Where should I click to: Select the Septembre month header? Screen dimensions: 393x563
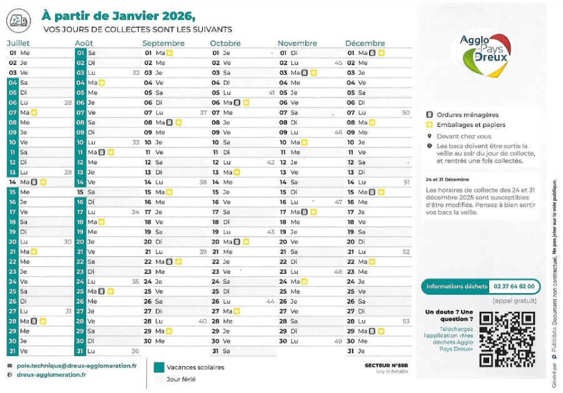pyautogui.click(x=163, y=43)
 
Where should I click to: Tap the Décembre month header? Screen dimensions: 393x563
pyautogui.click(x=365, y=43)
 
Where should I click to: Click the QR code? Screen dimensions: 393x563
pyautogui.click(x=507, y=339)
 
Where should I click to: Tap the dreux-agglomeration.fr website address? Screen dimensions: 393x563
pyautogui.click(x=51, y=374)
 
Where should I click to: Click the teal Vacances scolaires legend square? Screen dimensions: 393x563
pyautogui.click(x=159, y=367)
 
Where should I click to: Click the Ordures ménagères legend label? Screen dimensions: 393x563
pyautogui.click(x=467, y=115)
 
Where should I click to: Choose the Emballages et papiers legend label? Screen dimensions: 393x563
pyautogui.click(x=470, y=125)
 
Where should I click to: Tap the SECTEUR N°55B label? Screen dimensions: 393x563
pyautogui.click(x=387, y=365)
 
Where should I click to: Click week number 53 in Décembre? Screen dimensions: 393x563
pyautogui.click(x=406, y=321)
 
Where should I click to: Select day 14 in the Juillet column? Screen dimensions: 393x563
pyautogui.click(x=12, y=182)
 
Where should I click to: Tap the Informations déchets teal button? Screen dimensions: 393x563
pyautogui.click(x=456, y=286)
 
